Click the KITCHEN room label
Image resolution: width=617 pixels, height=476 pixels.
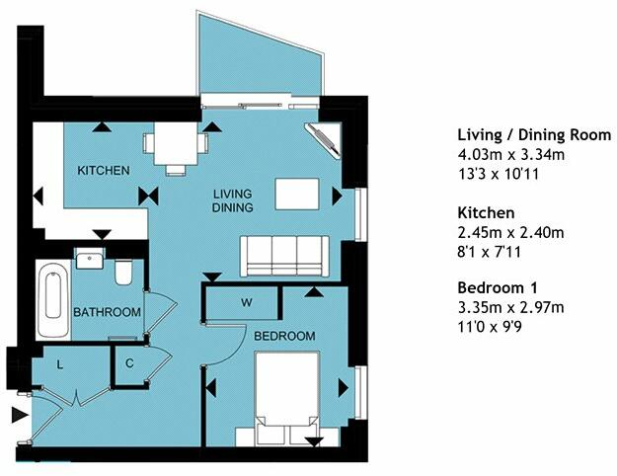pos(104,171)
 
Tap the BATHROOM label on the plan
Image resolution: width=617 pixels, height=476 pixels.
pos(107,312)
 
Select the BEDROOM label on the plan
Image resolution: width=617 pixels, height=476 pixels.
pos(284,336)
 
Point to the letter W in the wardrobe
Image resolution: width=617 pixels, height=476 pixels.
pos(247,303)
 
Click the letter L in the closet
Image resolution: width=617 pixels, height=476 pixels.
pos(60,365)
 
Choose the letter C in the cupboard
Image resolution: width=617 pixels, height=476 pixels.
pos(129,363)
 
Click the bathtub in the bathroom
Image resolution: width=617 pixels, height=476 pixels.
pos(53,300)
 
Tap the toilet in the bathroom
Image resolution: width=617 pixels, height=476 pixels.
pos(123,272)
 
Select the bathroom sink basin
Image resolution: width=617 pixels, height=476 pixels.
pos(90,259)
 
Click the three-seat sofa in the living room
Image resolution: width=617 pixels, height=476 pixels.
pos(284,256)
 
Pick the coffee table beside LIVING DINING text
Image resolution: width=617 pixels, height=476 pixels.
pos(297,195)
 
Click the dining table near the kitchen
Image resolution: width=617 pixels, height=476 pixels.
pos(176,144)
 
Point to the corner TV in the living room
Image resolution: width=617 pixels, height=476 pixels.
pos(323,140)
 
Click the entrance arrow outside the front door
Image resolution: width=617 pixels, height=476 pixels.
pos(20,416)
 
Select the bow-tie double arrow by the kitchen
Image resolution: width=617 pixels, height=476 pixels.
pos(148,197)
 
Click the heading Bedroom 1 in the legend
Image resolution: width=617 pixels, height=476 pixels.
pos(498,287)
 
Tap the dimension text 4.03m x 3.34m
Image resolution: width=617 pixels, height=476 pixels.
pos(511,154)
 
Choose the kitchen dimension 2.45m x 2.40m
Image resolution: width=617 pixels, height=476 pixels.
pos(510,232)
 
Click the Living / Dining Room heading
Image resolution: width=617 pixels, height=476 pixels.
pos(534,135)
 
